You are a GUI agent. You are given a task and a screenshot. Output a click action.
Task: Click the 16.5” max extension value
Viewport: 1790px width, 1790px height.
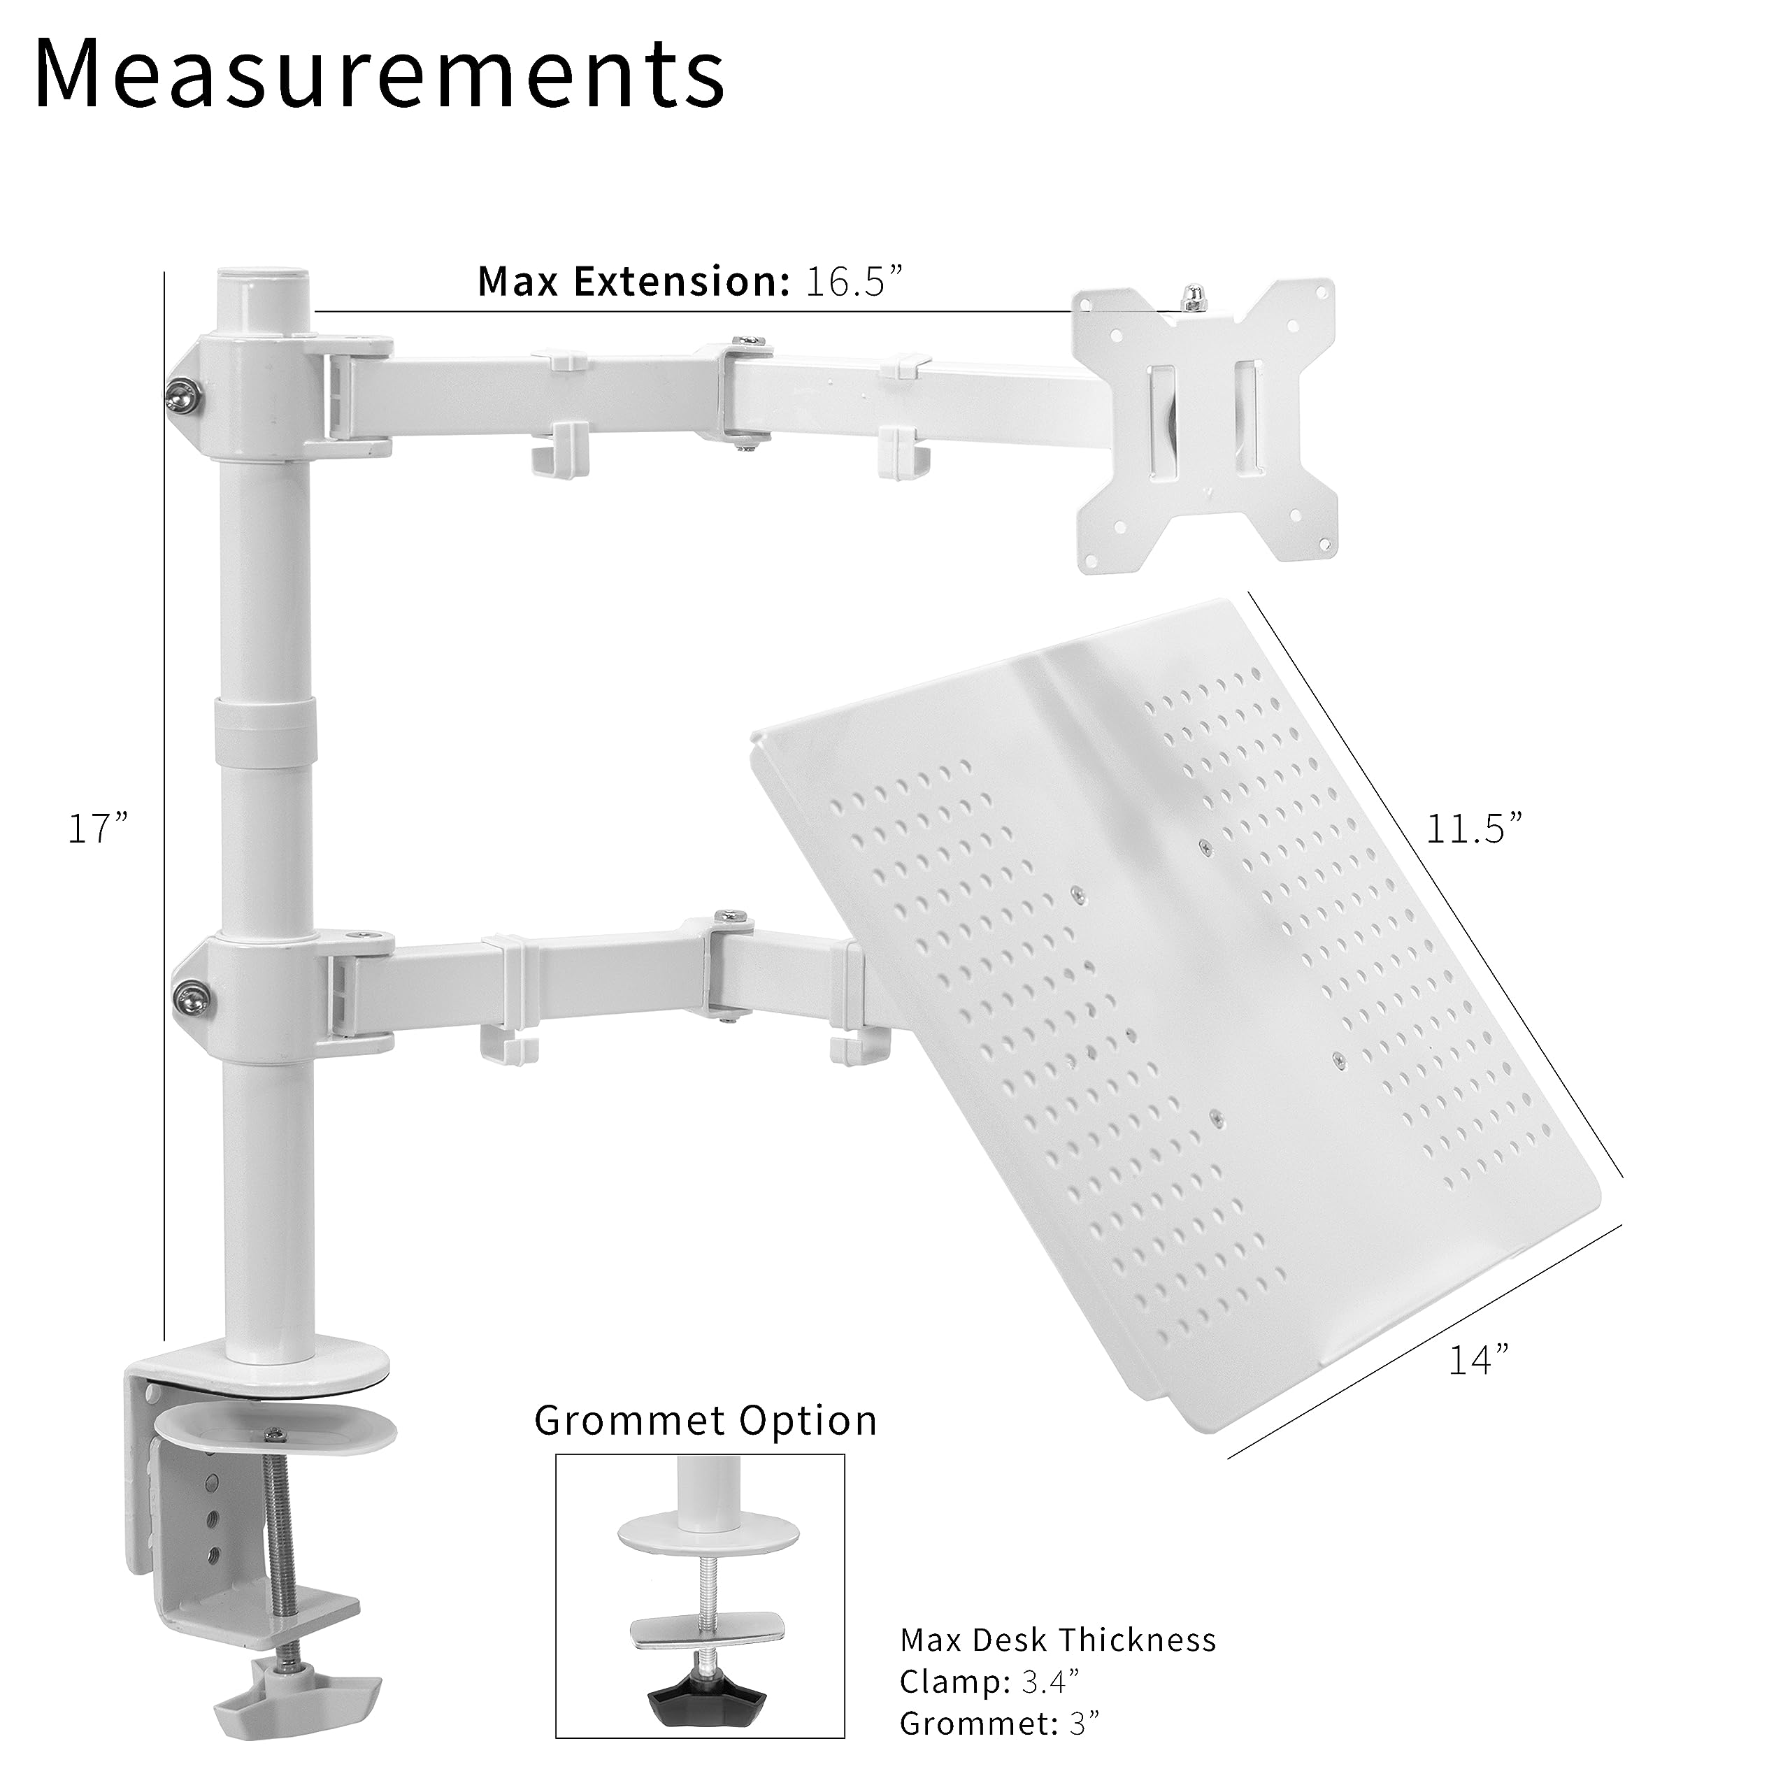click(853, 280)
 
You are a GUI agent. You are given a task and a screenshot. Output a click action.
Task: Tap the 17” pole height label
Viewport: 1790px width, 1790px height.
click(97, 829)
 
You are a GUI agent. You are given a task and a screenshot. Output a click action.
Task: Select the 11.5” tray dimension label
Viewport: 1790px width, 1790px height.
click(1473, 829)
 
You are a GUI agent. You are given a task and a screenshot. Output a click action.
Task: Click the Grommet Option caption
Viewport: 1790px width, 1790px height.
click(705, 1420)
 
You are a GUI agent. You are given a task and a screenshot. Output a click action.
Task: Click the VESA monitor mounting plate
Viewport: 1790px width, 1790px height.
click(1205, 427)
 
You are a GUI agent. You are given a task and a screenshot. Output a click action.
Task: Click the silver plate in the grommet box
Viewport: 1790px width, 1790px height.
click(707, 1630)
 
